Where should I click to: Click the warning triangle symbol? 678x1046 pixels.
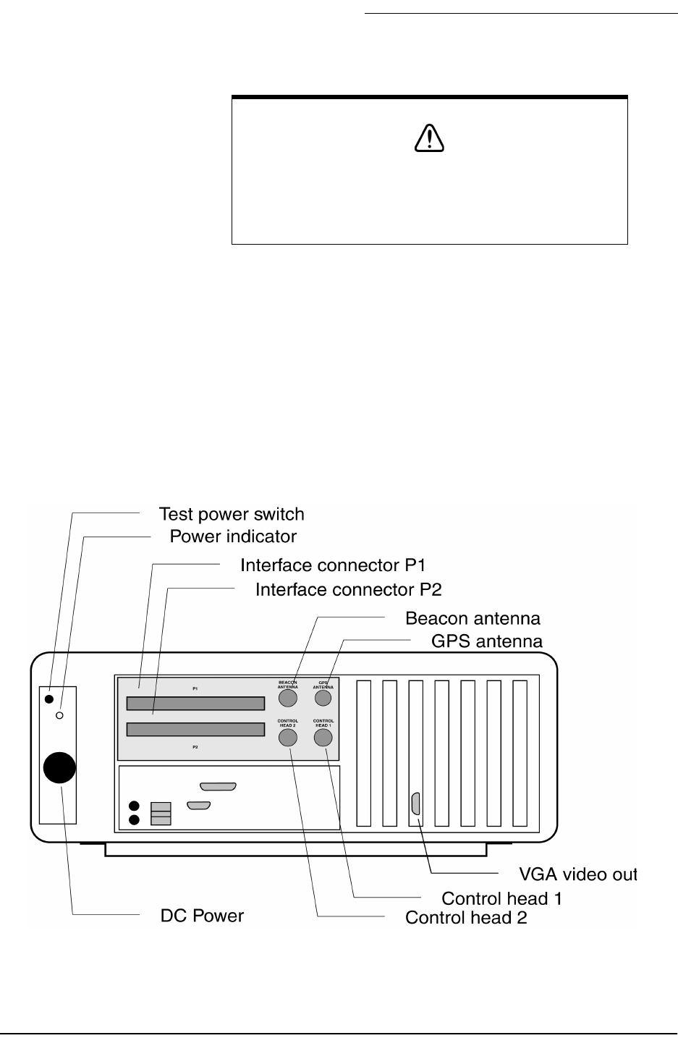tap(429, 138)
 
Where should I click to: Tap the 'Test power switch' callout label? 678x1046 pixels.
tap(232, 515)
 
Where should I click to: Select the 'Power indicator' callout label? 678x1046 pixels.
tap(233, 537)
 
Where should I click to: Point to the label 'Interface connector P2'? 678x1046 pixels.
tap(348, 590)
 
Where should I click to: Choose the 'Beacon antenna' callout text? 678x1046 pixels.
tap(473, 619)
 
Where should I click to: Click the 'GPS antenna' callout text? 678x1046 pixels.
tap(486, 641)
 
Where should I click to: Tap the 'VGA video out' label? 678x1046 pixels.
tap(578, 874)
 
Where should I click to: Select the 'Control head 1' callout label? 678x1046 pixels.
tap(501, 899)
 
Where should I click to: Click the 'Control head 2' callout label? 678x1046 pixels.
tap(465, 918)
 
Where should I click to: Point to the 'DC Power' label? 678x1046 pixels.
tap(202, 916)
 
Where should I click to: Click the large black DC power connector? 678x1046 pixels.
tap(59, 767)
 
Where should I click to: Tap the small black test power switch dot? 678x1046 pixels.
tap(48, 699)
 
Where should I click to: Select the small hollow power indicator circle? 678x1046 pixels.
tap(60, 715)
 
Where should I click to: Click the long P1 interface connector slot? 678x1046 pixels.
tap(195, 704)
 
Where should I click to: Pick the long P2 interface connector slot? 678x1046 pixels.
tap(195, 729)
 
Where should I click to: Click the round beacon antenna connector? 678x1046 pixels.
tap(288, 698)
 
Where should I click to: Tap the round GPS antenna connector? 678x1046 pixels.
tap(323, 698)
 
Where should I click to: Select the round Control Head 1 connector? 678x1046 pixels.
tap(323, 738)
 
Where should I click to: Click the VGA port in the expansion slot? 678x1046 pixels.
tap(415, 804)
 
